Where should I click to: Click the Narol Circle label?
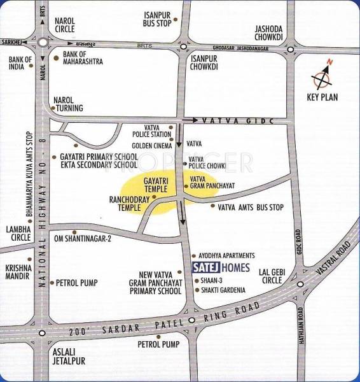[x=64, y=25]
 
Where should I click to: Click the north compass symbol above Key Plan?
[x=322, y=79]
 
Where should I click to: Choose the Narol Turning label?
[x=65, y=104]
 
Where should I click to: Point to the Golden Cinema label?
[x=152, y=146]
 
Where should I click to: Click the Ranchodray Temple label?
[x=129, y=203]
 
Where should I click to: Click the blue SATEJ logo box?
[x=205, y=268]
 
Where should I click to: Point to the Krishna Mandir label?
[x=17, y=272]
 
